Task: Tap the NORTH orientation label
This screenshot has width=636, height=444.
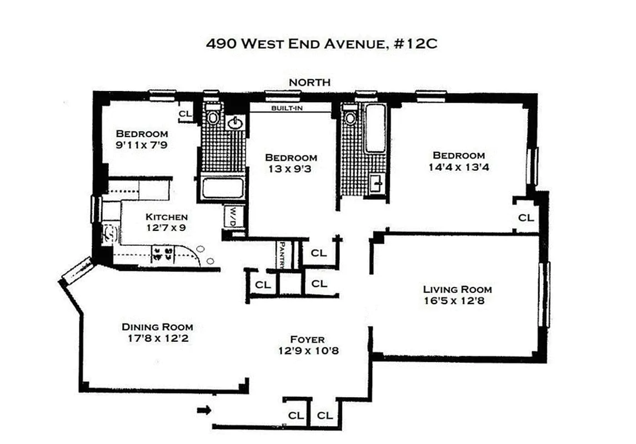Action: [309, 82]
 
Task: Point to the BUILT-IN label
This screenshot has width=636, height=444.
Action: [287, 108]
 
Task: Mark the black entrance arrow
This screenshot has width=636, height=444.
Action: [204, 411]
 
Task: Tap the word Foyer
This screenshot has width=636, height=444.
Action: [307, 339]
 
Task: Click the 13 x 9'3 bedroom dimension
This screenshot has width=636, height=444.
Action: [291, 169]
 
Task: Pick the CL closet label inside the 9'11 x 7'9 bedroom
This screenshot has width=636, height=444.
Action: [185, 114]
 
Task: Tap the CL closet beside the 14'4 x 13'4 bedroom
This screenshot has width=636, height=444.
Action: [526, 218]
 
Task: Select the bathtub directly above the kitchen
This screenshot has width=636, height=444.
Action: [222, 188]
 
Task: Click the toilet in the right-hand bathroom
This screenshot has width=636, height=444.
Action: [350, 117]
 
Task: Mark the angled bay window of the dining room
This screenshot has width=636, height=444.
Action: [76, 270]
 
